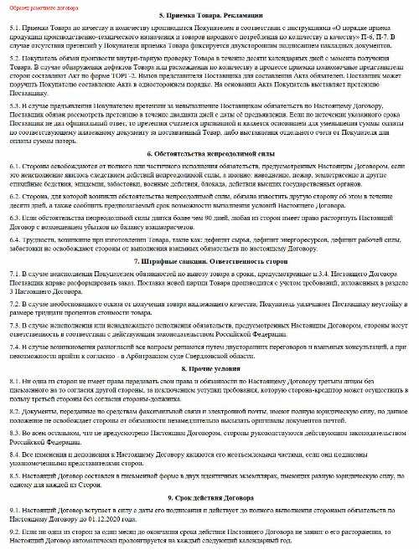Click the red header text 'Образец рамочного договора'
pos(37,8)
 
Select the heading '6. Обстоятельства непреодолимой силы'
pos(209,155)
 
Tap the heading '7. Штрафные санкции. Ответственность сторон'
pos(209,262)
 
